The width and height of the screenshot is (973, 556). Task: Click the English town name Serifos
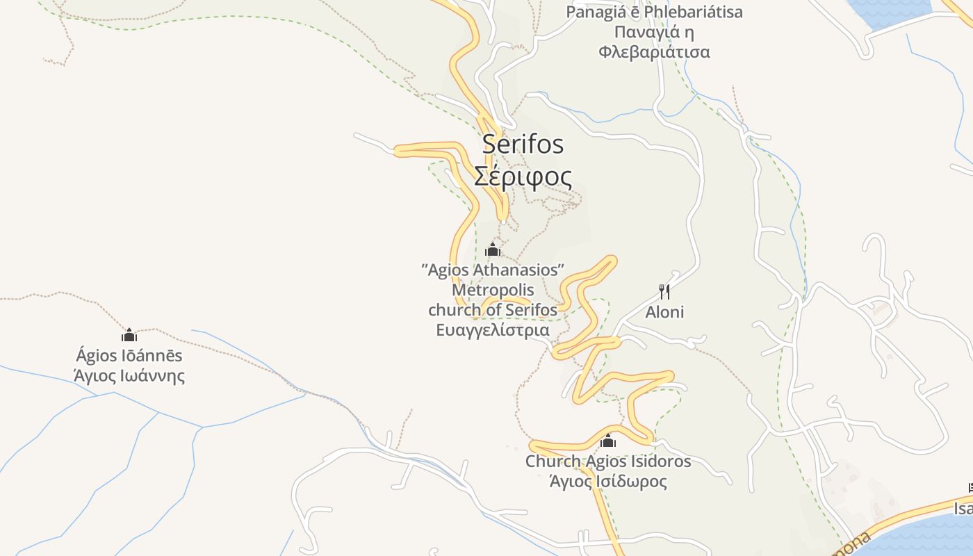click(523, 145)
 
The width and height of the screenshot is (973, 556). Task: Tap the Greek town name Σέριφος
click(523, 177)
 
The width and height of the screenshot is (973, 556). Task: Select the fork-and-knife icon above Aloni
click(664, 291)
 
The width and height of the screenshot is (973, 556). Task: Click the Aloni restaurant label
click(664, 312)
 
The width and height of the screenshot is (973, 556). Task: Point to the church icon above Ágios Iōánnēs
click(129, 336)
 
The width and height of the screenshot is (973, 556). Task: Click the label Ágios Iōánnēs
click(129, 356)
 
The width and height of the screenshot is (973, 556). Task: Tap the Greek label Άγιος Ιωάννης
click(129, 377)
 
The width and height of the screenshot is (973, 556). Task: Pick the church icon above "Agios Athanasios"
click(493, 250)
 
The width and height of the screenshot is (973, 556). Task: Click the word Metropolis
click(493, 290)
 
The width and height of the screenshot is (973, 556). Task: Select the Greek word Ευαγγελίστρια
click(493, 330)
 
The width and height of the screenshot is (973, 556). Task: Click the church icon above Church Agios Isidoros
click(608, 441)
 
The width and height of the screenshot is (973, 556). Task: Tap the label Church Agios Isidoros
click(608, 461)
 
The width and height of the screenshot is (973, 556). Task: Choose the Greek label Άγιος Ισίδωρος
click(608, 482)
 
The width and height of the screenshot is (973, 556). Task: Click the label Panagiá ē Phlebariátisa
click(654, 12)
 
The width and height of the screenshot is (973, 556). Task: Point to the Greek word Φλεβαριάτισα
click(654, 52)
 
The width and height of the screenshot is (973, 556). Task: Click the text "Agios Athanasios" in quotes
click(493, 270)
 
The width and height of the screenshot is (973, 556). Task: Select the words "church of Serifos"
click(493, 310)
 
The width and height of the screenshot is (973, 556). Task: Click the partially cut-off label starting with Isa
click(963, 509)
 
